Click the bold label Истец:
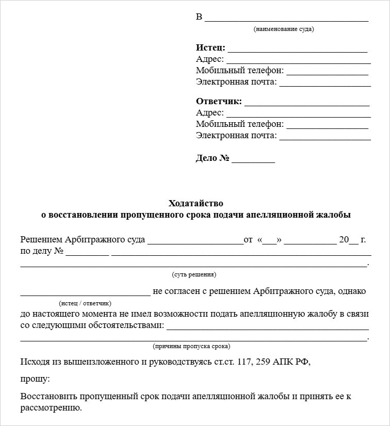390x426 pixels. coord(210,48)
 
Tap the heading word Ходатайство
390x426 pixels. coord(196,203)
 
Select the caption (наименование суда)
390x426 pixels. coord(284,29)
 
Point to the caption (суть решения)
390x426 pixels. coord(194,274)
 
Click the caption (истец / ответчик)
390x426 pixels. coord(85,303)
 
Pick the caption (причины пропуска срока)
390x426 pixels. coord(191,346)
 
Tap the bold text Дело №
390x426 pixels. coord(213,158)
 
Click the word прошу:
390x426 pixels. coord(35,379)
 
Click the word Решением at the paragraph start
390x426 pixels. coord(41,240)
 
